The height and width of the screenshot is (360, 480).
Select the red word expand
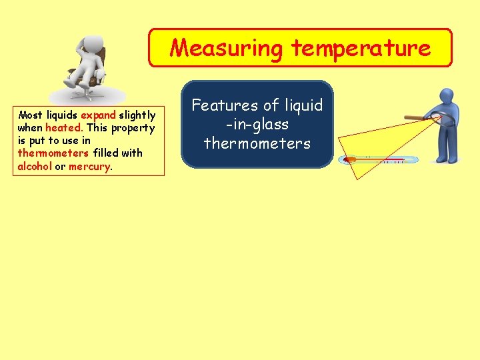[98, 115]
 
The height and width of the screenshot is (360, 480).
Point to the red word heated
[63, 127]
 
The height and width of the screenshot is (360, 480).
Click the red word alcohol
[35, 166]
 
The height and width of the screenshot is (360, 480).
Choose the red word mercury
[89, 166]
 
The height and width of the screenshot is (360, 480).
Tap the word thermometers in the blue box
[257, 143]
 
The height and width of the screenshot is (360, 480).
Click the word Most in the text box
[31, 115]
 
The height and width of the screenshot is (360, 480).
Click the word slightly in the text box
[137, 115]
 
